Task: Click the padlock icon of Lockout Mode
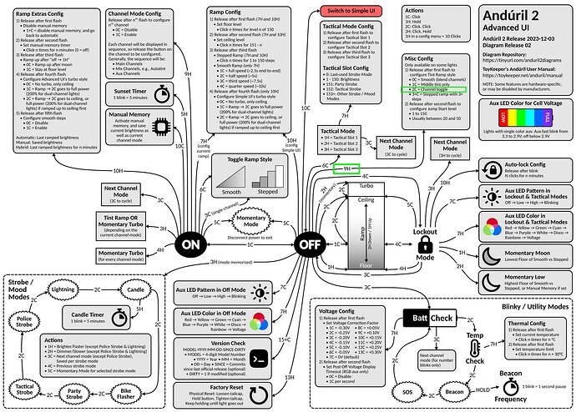pyautogui.click(x=425, y=244)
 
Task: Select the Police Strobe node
pyautogui.click(x=28, y=321)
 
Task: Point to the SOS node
pyautogui.click(x=407, y=389)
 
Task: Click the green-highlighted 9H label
pyautogui.click(x=344, y=169)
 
